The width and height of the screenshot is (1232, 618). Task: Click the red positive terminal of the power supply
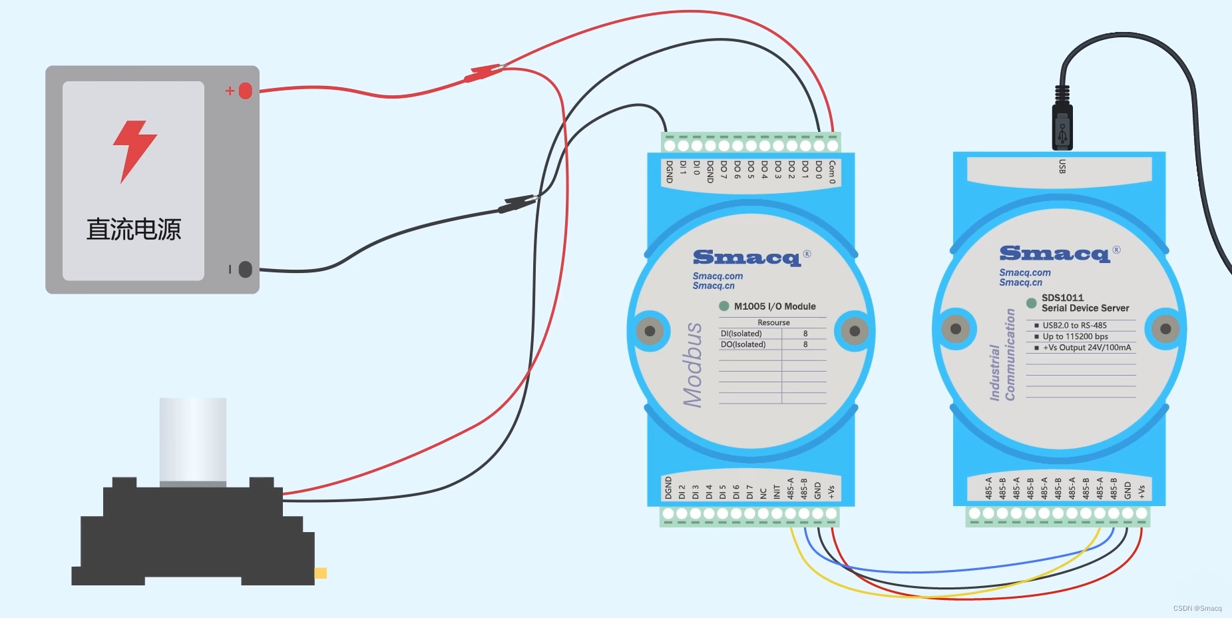coord(245,91)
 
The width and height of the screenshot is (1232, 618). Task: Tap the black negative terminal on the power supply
coord(245,269)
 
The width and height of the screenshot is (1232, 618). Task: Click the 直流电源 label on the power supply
coord(134,230)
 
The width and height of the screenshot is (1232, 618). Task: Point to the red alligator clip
coord(483,73)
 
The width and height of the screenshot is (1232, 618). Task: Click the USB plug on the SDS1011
coord(1062,124)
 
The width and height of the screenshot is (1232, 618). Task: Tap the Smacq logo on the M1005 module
coord(746,258)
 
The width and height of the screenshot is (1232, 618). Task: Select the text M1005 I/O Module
coord(775,306)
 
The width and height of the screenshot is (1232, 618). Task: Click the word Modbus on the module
coord(693,364)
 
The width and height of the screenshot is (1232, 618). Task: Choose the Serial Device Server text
coord(1085,308)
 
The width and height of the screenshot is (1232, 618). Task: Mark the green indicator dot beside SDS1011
coord(1031,303)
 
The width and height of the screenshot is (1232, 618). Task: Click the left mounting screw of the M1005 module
coord(650,331)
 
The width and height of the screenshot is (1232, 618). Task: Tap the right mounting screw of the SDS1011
coord(1165,329)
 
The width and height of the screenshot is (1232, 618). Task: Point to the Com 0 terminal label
coord(832,171)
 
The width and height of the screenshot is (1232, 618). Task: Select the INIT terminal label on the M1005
coord(777,491)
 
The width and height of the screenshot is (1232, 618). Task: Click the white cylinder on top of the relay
coord(193,440)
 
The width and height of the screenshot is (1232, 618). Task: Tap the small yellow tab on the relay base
coord(321,573)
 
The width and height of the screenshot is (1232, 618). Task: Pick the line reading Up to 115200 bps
coord(1075,336)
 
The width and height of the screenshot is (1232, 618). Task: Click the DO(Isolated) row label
coord(743,344)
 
